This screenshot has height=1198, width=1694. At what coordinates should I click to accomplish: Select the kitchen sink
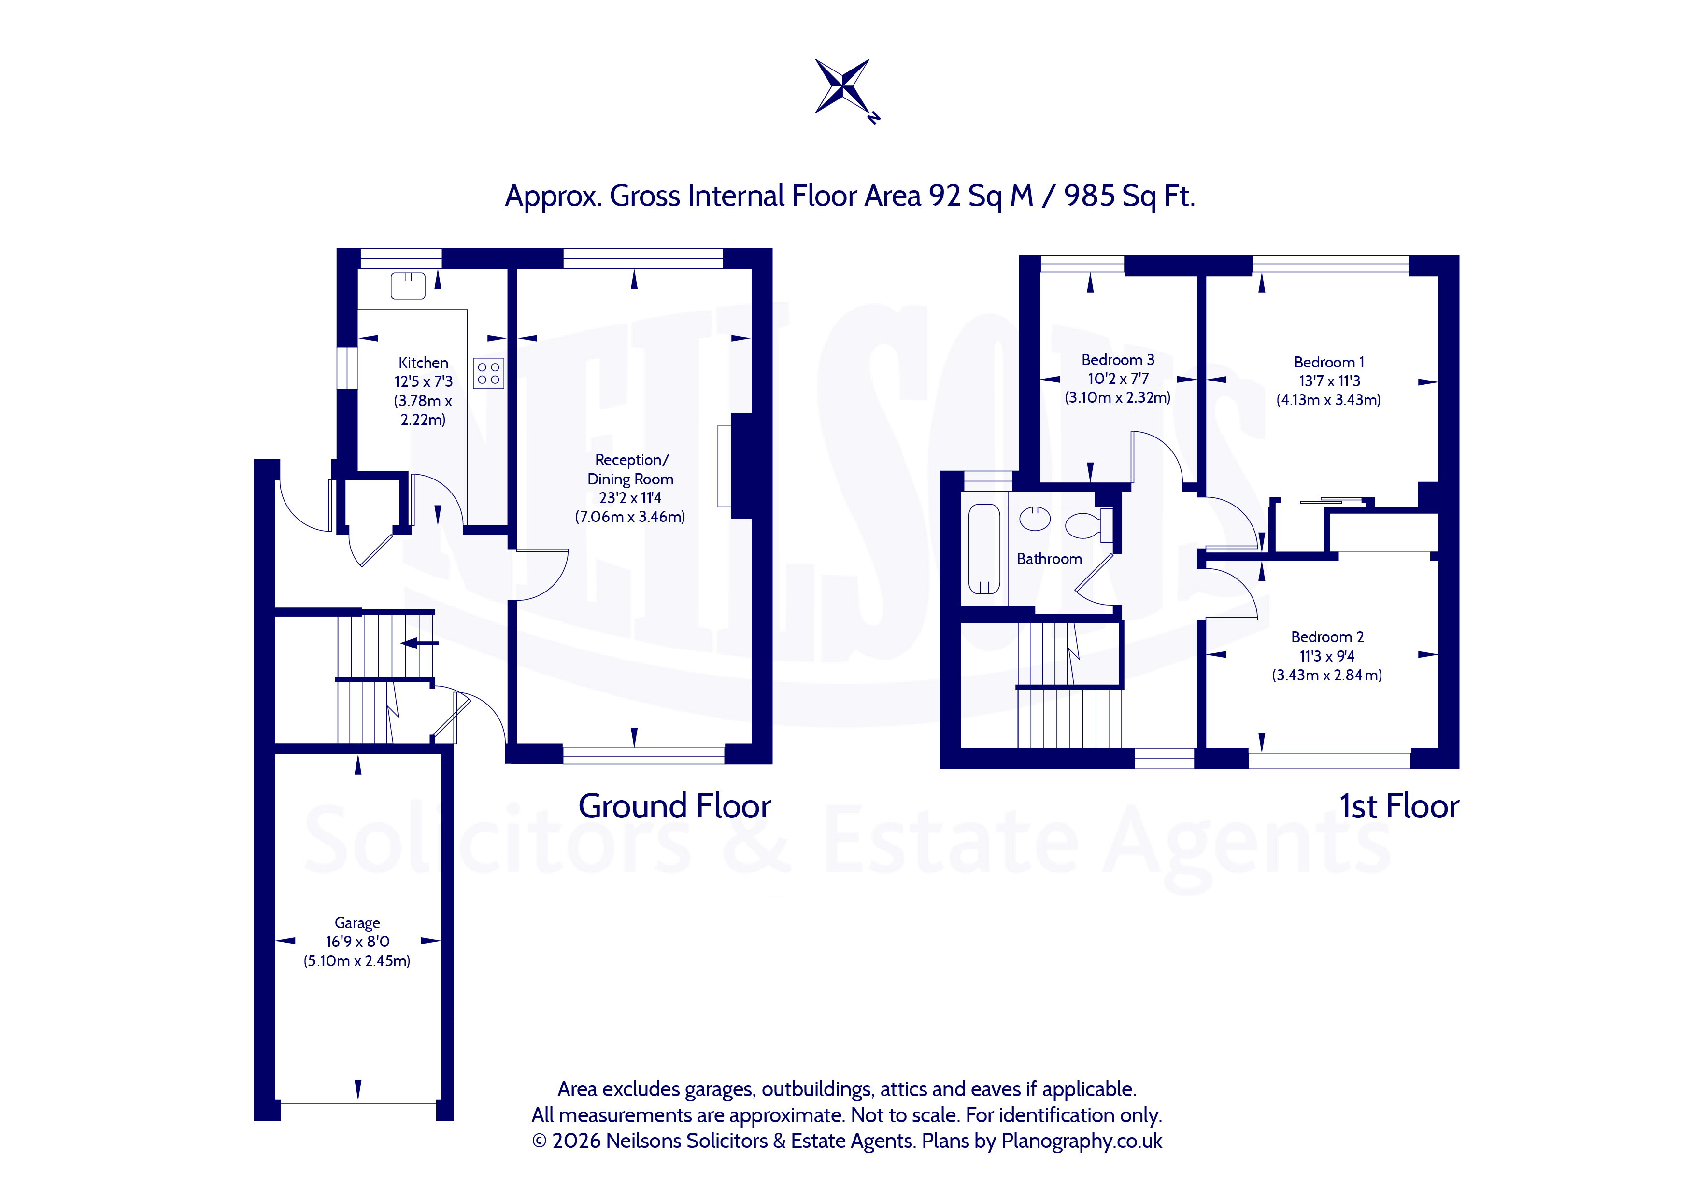coord(408,285)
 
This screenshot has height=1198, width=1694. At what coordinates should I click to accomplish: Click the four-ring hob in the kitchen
coord(488,373)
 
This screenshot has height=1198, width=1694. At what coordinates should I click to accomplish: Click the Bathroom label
coord(1049,559)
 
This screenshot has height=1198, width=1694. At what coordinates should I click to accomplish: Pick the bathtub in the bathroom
coord(983,549)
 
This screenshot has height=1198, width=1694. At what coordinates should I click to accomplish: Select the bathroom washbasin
coord(1035,519)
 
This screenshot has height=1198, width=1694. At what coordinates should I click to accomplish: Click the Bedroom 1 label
coord(1329,362)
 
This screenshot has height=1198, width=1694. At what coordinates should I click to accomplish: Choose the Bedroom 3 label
coord(1118,360)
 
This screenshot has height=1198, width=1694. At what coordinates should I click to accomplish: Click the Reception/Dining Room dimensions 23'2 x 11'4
coord(630,498)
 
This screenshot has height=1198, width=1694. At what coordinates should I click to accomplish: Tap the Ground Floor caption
coord(674,806)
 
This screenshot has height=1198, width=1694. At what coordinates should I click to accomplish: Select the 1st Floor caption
coord(1399,806)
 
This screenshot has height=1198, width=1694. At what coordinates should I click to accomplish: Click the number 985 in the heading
coord(1089,196)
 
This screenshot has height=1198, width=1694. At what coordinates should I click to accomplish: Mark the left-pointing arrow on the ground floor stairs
coord(419,643)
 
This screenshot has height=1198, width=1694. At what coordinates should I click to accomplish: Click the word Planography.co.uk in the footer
coord(1082,1141)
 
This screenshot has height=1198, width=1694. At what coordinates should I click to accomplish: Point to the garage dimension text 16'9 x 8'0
coord(357,942)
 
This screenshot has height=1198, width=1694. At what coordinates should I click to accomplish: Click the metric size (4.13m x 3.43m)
coord(1329,400)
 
